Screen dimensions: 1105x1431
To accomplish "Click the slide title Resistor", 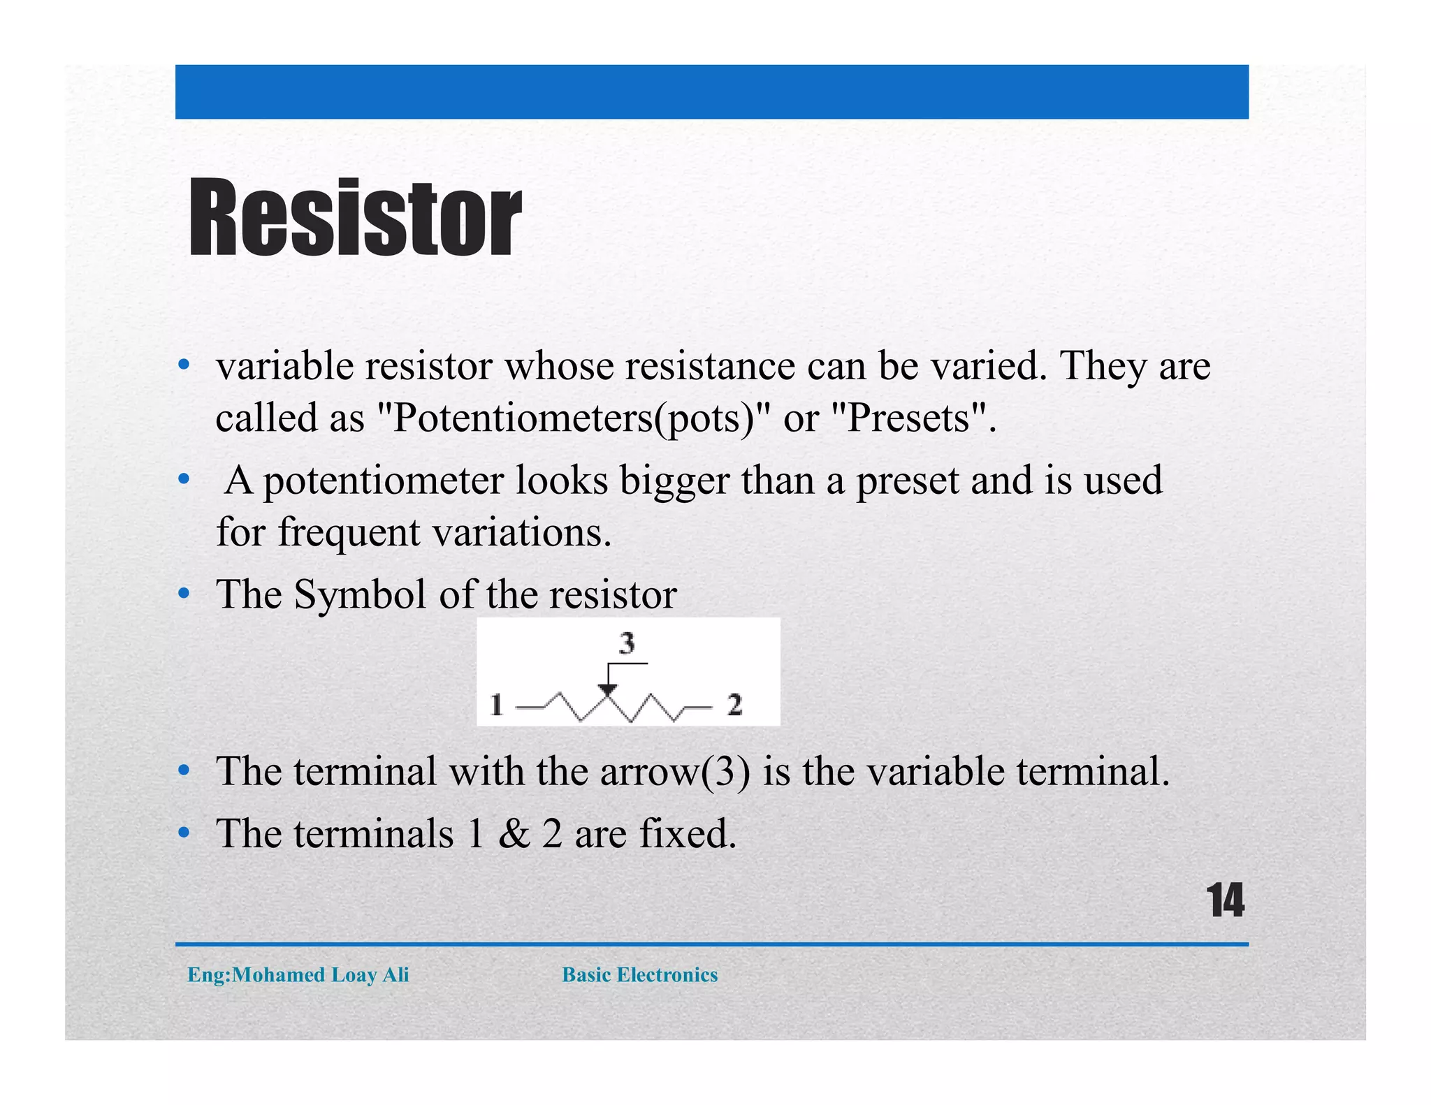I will pos(355,217).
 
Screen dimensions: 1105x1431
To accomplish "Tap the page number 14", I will pos(1225,901).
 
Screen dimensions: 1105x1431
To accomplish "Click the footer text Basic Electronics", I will pos(639,974).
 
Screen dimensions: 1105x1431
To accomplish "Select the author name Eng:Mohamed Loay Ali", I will pos(298,974).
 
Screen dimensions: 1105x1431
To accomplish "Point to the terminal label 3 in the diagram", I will pos(627,643).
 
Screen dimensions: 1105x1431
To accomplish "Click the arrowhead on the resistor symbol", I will pos(607,690).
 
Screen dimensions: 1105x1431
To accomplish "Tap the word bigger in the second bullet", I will pos(674,481).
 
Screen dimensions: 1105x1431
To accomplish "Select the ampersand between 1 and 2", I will pos(514,834).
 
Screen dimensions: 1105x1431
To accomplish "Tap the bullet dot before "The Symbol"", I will pos(184,594).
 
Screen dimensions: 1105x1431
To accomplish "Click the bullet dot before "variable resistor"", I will pos(184,365).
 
